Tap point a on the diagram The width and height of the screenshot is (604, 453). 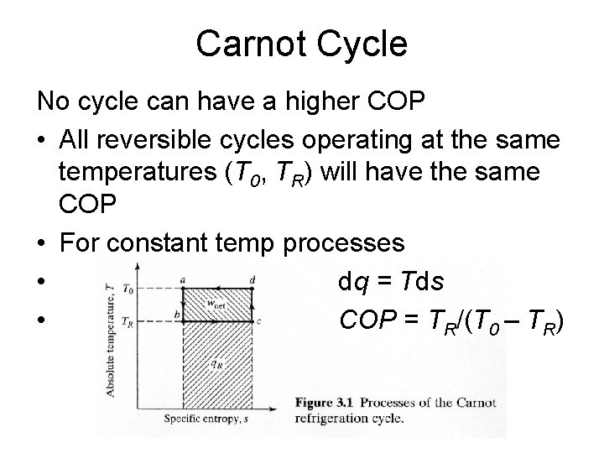[183, 280]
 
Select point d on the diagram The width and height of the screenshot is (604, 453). [252, 280]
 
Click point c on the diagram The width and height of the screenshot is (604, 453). [258, 321]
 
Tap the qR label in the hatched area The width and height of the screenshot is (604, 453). [216, 364]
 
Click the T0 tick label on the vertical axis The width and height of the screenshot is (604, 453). [128, 289]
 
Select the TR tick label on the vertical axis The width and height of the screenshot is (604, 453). [128, 320]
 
